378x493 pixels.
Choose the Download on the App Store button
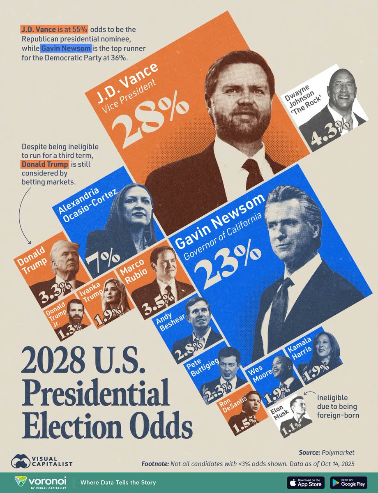point(305,482)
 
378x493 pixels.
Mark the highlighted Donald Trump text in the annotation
point(45,165)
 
